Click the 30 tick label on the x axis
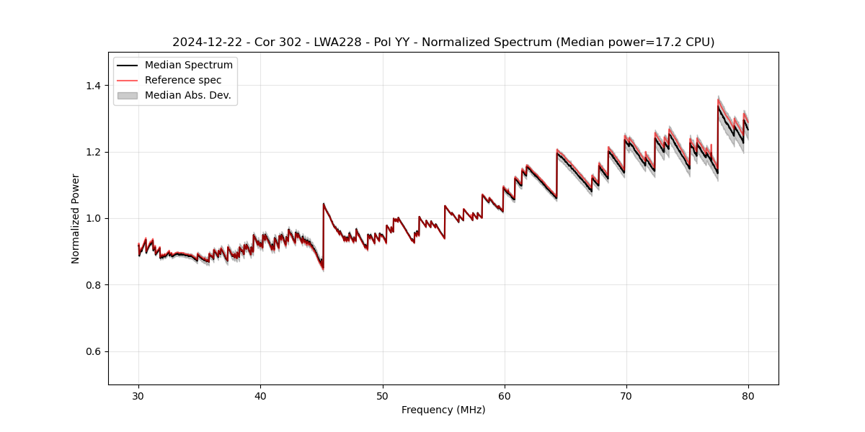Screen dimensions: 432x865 tap(138, 396)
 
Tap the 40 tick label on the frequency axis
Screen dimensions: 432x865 tap(260, 396)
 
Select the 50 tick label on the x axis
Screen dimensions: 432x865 tap(383, 396)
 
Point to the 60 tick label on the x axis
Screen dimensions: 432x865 tap(505, 396)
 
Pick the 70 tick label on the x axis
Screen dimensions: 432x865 tap(626, 396)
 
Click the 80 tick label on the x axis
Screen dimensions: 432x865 tap(748, 396)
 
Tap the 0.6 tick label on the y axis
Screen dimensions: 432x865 tap(94, 351)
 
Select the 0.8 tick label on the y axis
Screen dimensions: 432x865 tap(94, 285)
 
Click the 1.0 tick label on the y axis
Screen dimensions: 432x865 tap(94, 218)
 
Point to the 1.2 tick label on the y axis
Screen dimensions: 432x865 tap(94, 152)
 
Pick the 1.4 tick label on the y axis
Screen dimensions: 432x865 tap(94, 86)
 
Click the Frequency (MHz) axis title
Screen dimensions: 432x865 tap(443, 410)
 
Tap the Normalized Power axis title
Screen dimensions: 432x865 tap(76, 218)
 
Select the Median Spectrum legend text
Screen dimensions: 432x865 tap(188, 66)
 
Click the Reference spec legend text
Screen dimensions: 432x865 tap(183, 80)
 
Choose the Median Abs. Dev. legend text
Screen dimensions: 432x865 tap(187, 95)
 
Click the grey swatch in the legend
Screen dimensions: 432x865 tap(127, 95)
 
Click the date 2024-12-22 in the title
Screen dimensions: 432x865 tap(206, 42)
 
